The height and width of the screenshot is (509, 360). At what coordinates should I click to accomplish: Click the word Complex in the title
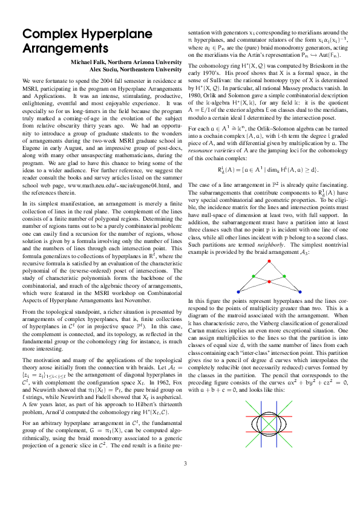(x=47, y=36)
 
